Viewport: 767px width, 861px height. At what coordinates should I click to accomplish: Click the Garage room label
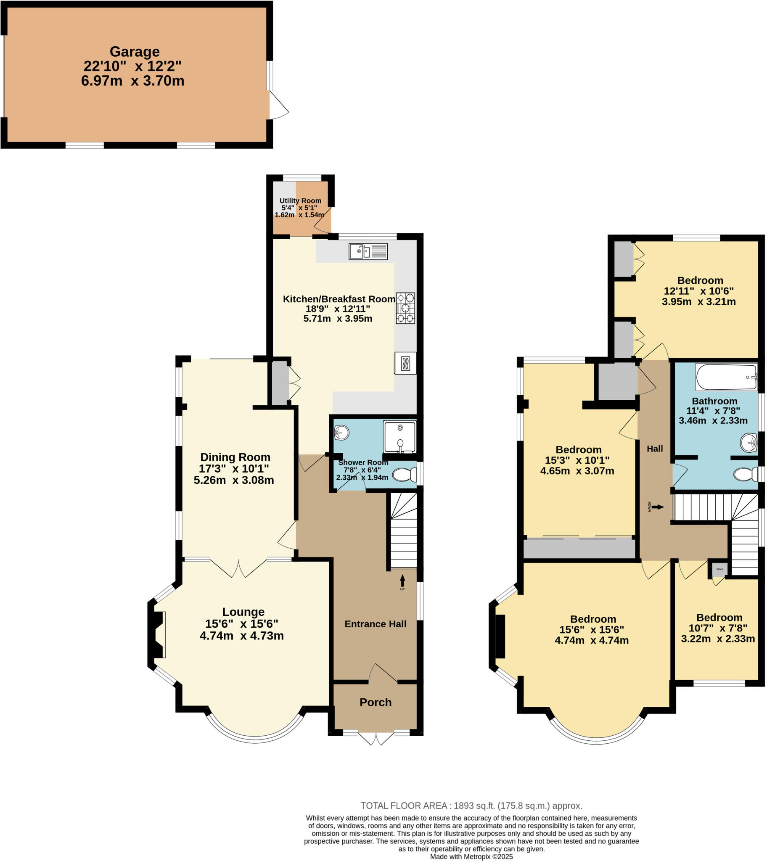click(x=135, y=52)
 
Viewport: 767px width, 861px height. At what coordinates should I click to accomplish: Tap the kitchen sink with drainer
click(x=368, y=252)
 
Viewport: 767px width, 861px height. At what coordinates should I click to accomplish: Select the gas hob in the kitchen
click(x=405, y=308)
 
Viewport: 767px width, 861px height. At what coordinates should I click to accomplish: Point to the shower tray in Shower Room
click(x=399, y=437)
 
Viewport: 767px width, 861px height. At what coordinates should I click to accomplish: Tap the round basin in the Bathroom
click(x=748, y=443)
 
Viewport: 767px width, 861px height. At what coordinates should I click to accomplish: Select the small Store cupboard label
click(x=719, y=569)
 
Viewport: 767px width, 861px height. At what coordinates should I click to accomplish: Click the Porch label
click(x=376, y=702)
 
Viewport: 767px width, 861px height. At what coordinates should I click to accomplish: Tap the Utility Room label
click(x=300, y=201)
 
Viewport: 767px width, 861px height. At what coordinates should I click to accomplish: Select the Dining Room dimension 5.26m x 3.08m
click(x=234, y=480)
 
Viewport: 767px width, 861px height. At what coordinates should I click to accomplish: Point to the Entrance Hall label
click(x=376, y=624)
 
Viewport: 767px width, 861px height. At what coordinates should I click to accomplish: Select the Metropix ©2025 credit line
click(x=471, y=856)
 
